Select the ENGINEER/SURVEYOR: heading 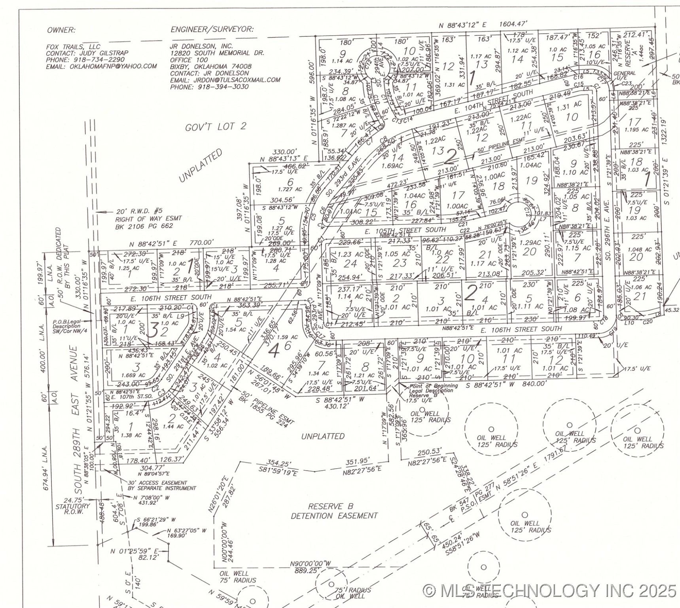tap(212, 30)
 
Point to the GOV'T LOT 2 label tap(216, 127)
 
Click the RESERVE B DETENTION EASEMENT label tap(334, 511)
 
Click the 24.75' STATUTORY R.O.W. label tap(73, 506)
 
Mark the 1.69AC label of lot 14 tap(393, 166)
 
